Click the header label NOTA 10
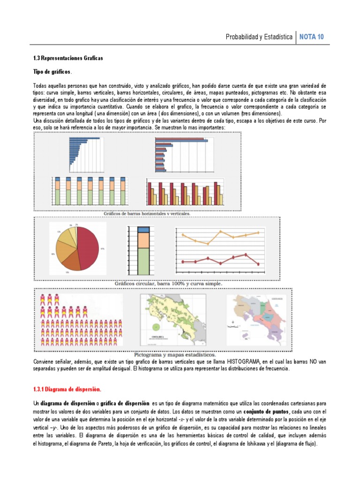point(311,37)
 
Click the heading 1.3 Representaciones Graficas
point(67,58)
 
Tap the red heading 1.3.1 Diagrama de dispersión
point(67,390)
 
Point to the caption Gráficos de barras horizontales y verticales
point(147,213)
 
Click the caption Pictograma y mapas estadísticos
point(175,354)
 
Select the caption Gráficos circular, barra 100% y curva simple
point(165,284)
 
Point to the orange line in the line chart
point(220,236)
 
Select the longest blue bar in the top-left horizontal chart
point(84,138)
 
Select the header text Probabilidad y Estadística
point(259,37)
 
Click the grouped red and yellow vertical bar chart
point(185,192)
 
